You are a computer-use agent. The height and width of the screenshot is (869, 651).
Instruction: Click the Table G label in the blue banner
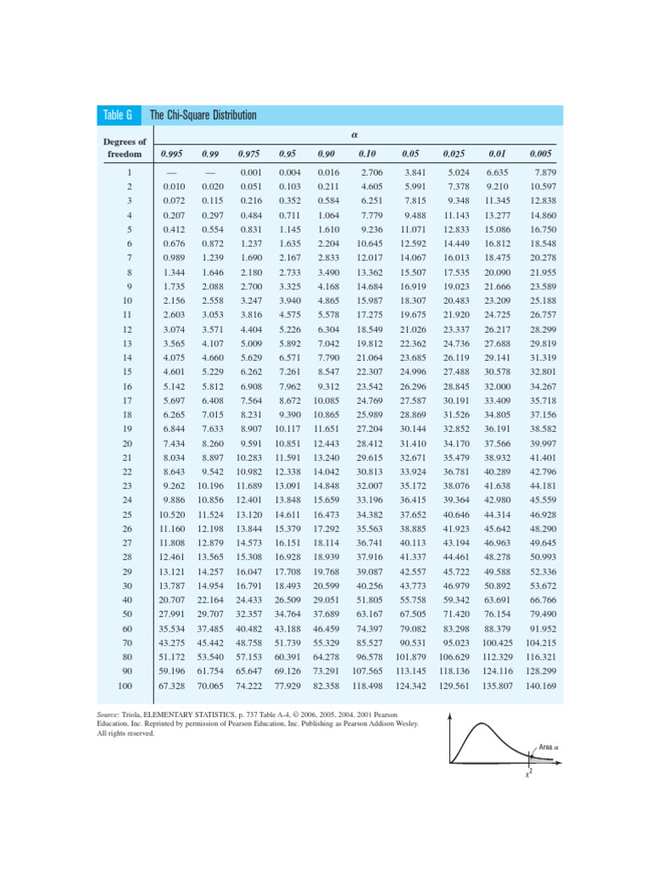118,115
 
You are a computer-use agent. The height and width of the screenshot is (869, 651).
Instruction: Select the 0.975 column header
248,154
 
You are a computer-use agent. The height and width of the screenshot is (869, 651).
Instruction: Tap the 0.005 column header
540,154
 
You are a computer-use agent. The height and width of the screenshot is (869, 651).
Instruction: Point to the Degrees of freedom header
125,148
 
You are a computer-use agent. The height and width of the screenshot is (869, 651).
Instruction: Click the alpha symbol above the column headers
351,134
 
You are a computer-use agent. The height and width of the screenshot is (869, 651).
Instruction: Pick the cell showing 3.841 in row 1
413,172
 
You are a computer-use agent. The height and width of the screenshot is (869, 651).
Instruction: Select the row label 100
126,685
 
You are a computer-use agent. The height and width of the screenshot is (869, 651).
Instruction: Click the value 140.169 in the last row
541,685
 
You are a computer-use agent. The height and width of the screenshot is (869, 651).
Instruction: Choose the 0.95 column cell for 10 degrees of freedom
290,300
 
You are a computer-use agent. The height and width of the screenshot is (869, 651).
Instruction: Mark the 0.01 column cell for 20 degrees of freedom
497,443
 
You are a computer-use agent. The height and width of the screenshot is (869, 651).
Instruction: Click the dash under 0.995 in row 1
173,172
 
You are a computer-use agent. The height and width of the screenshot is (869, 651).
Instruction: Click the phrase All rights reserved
126,734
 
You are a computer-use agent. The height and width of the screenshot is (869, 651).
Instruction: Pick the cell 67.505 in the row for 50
412,614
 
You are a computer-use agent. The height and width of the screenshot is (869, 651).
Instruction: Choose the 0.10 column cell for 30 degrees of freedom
369,586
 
